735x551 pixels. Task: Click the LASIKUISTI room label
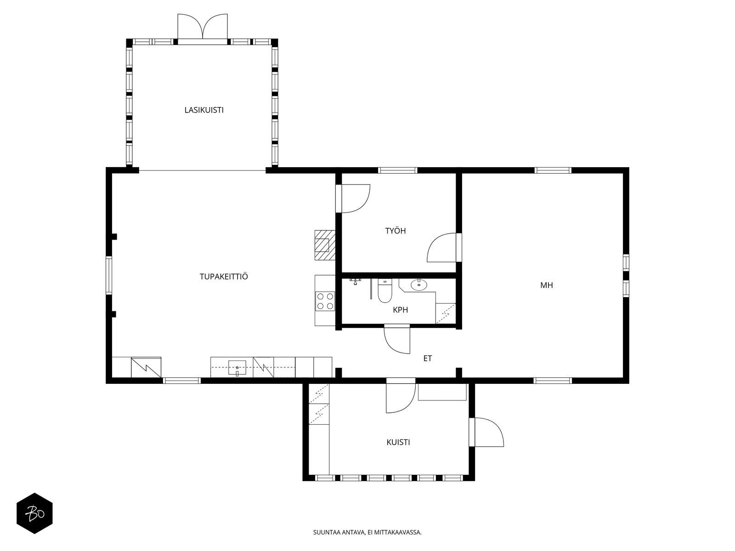coord(204,110)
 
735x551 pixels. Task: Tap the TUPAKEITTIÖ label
coord(224,277)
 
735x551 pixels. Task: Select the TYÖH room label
coord(396,231)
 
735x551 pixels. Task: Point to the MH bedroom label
coord(547,285)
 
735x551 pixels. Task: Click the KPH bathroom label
coord(401,310)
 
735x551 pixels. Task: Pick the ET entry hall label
coord(428,359)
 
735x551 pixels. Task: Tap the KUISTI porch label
coord(398,442)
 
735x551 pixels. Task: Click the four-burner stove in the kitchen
coord(325,301)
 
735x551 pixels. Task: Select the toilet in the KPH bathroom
coord(385,291)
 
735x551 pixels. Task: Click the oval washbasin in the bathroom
coord(419,285)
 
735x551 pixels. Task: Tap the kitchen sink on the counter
coord(237,368)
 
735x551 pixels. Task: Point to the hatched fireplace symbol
coord(325,245)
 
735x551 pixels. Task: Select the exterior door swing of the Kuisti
coord(486,432)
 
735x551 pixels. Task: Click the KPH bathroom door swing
coord(397,339)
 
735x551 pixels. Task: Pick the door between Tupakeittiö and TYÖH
coord(353,198)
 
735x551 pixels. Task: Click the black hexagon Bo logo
coord(35,513)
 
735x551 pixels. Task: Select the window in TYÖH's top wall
coord(398,170)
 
